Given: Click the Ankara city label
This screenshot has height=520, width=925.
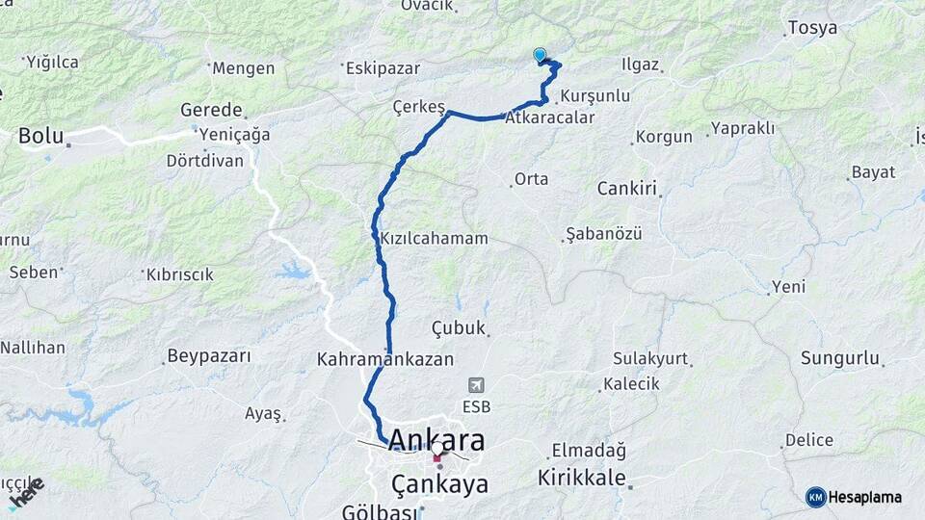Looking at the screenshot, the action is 424,442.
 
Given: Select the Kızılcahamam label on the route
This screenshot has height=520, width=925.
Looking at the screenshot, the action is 420,238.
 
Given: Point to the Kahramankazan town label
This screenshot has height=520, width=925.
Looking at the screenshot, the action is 384,359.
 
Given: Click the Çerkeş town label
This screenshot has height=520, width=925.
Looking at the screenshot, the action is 419,107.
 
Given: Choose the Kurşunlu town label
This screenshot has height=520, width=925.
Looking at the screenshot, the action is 595,96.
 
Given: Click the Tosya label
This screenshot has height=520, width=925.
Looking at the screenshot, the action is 812,28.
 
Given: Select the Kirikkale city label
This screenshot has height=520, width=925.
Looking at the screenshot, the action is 582,478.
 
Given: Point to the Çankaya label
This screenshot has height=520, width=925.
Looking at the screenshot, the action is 439,483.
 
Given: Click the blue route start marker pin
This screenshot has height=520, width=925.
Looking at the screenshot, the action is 540,56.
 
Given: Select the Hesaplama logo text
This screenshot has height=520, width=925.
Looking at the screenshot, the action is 865,497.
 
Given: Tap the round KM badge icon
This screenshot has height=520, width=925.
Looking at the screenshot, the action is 816,497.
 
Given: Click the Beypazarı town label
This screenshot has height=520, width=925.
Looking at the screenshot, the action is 209,356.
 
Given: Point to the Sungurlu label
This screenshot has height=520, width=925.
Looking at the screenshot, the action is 840,359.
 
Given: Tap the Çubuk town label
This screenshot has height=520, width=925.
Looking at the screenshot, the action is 459,328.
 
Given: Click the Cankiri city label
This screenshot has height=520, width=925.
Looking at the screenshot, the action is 626,188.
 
